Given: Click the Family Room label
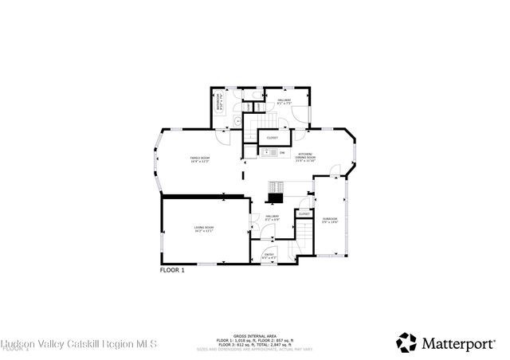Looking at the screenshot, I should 198,160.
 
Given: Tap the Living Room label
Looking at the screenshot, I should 204,229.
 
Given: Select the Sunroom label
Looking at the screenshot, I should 330,220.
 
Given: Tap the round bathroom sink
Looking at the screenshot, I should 237,121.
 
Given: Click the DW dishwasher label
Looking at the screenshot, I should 281,151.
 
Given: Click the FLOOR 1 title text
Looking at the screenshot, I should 172,271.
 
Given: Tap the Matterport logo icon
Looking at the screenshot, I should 406,342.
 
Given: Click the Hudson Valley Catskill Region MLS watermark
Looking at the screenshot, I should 80,343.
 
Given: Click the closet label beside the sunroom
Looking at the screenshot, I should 304,213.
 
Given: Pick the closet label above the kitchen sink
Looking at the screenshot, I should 272,137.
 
